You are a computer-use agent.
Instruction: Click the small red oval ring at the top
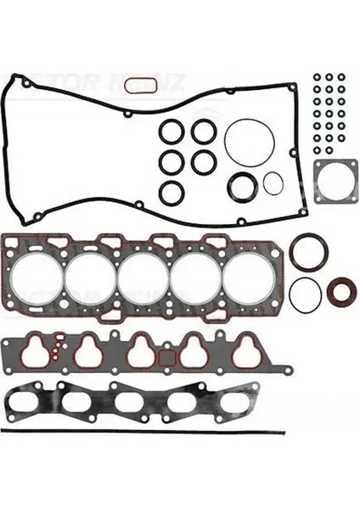(x=139, y=85)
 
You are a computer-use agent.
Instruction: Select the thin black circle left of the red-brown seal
(x=305, y=294)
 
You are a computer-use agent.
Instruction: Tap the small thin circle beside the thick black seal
(x=273, y=182)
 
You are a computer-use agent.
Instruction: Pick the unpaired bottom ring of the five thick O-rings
(x=172, y=192)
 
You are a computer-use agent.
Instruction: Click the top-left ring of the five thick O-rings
(x=172, y=131)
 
